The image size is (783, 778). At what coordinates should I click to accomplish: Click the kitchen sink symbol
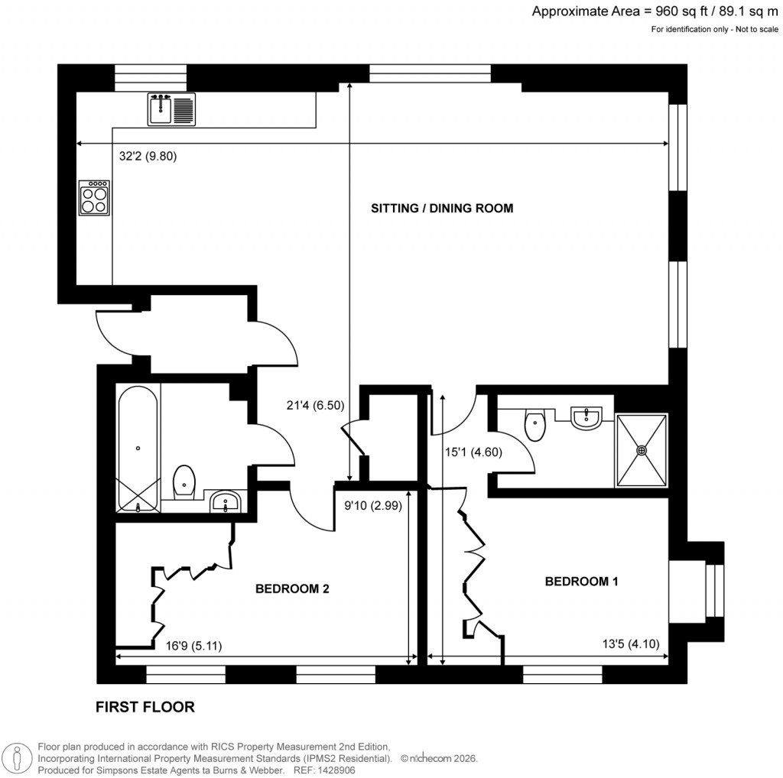coord(172,108)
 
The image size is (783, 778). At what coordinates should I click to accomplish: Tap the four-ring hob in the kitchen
coord(95,198)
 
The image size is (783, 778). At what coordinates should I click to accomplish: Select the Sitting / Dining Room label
coord(441,208)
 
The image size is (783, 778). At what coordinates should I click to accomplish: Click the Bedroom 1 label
coord(581,582)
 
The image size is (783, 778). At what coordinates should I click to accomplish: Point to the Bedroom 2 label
coord(292,588)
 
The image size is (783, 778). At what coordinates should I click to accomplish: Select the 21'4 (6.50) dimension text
coord(304,405)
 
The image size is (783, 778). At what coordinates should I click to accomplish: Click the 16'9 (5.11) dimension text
coord(194,645)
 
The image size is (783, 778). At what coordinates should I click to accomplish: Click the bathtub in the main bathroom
coord(138,447)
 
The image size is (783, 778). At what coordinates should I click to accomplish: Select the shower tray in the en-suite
coord(642,450)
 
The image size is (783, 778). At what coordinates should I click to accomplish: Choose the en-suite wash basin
coord(586,417)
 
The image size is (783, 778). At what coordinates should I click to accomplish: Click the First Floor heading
coord(145,707)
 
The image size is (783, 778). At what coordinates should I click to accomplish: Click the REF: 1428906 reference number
coord(333,770)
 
